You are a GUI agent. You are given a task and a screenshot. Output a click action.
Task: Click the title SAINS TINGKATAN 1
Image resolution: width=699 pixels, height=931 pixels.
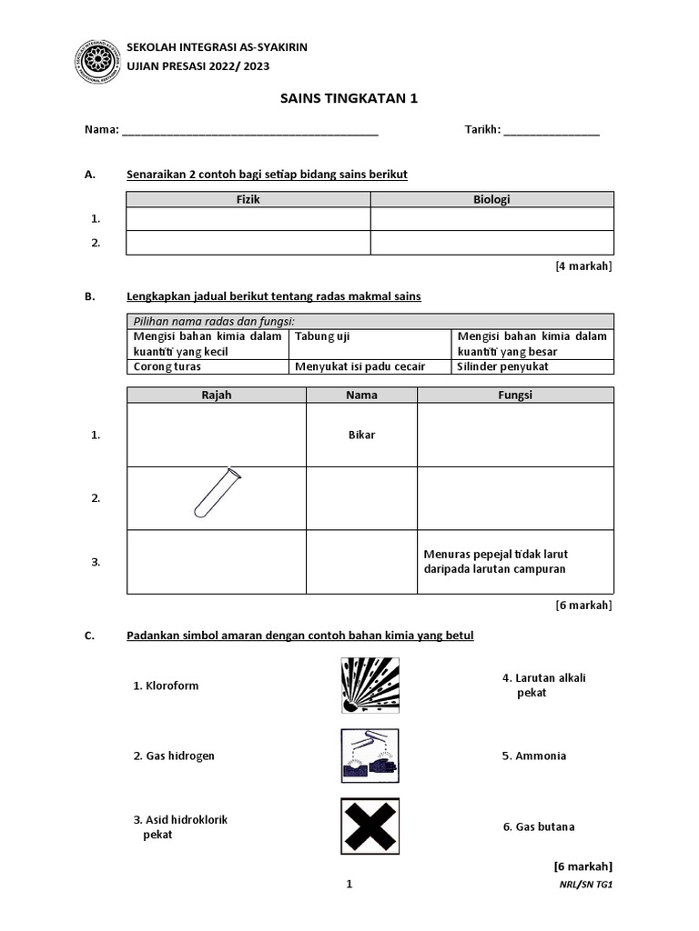349,98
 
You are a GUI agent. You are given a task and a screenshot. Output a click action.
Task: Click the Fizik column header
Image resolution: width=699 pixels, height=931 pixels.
248,200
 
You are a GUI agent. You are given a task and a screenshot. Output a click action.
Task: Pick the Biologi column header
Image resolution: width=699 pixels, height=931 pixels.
491,200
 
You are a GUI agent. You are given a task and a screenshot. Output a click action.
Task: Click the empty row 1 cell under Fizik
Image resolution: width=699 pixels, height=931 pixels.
248,219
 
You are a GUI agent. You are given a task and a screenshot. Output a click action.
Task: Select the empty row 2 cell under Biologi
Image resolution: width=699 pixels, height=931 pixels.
491,243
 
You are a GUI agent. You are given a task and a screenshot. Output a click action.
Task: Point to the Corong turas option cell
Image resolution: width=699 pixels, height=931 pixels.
207,366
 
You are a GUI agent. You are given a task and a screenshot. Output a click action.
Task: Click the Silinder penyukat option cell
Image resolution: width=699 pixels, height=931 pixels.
532,366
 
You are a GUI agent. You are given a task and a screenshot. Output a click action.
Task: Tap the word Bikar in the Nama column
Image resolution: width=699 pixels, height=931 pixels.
361,435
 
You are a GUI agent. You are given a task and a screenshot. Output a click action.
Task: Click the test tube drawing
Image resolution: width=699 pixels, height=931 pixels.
217,494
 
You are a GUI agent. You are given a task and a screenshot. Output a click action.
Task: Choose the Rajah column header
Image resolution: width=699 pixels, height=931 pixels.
217,395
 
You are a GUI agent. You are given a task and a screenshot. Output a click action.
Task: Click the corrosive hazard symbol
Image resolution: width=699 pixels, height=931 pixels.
370,756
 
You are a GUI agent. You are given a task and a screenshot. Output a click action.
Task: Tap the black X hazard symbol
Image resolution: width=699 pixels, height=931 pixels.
370,826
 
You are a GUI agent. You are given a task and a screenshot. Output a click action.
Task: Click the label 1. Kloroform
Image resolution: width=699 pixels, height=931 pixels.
166,686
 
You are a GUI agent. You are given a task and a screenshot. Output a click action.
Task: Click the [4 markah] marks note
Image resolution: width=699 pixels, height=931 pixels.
583,266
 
